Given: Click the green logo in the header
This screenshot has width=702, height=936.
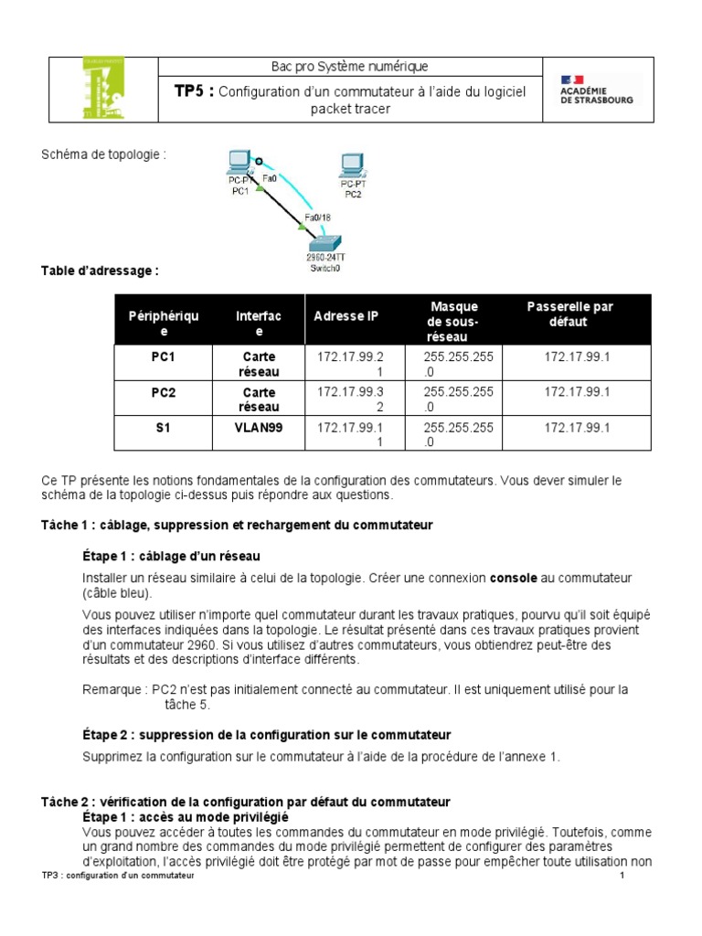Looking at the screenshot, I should pos(103,90).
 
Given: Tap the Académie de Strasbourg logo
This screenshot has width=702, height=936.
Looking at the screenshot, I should pos(597,90).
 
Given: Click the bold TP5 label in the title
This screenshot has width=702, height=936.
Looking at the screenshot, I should pos(195,90).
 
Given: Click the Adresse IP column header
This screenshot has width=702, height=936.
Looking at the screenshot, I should pos(346,316).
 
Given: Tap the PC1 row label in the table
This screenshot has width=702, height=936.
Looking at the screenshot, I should pos(163,356).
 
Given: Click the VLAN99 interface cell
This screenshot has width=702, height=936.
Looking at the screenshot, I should pos(259,428).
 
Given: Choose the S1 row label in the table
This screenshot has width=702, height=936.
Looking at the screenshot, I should pos(163,428).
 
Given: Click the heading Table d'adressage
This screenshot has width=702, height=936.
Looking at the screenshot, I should pos(101,271).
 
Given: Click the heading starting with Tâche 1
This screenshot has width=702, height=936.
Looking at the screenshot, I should pos(237,526).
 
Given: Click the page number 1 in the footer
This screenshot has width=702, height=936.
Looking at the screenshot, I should pos(622,877).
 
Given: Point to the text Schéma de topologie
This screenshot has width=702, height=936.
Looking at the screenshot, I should pos(103,154).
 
